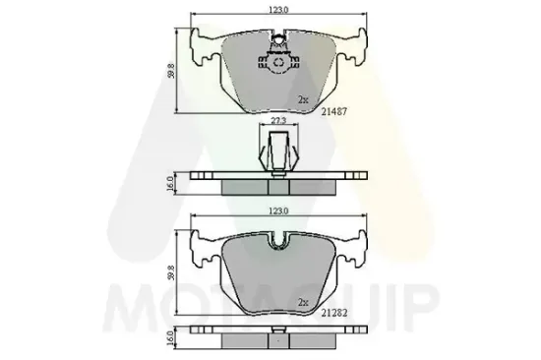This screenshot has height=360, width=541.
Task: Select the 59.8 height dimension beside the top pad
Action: point(173,72)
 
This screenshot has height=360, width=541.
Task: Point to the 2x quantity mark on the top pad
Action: point(304,99)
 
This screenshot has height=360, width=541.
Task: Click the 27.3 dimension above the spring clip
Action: point(278,122)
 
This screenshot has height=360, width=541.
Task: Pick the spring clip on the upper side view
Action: point(278,151)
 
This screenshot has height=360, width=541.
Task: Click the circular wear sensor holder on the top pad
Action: point(279,62)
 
